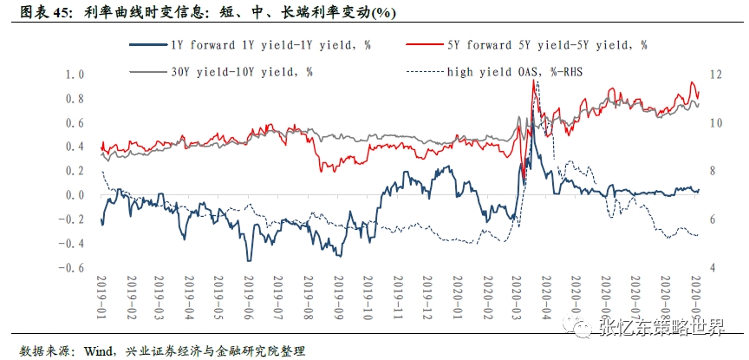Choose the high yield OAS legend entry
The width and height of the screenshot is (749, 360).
pyautogui.click(x=515, y=70)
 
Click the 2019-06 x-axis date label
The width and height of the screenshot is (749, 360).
pyautogui.click(x=247, y=295)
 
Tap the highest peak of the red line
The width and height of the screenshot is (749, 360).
pyautogui.click(x=533, y=80)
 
